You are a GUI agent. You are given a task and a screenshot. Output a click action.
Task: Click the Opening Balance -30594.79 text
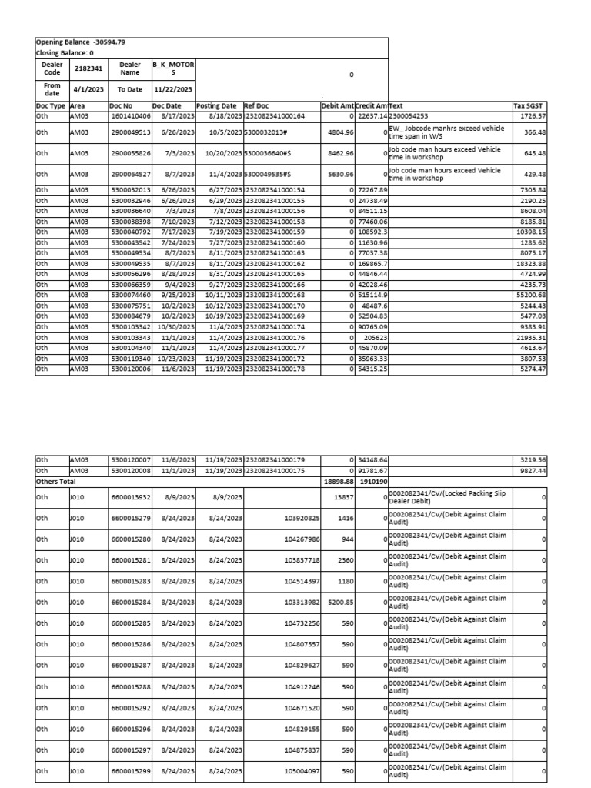click(x=80, y=42)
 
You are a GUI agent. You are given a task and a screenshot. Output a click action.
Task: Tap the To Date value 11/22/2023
click(x=173, y=88)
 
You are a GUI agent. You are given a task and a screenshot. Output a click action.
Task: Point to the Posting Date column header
click(x=218, y=105)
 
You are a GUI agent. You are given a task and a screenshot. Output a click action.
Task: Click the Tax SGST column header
click(x=529, y=105)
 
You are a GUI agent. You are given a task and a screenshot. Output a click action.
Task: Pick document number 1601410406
click(x=130, y=115)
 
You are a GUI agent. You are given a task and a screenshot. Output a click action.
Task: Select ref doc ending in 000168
click(x=275, y=295)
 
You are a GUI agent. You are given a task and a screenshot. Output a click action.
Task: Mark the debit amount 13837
click(x=343, y=496)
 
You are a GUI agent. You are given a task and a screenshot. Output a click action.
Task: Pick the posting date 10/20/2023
click(x=219, y=153)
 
